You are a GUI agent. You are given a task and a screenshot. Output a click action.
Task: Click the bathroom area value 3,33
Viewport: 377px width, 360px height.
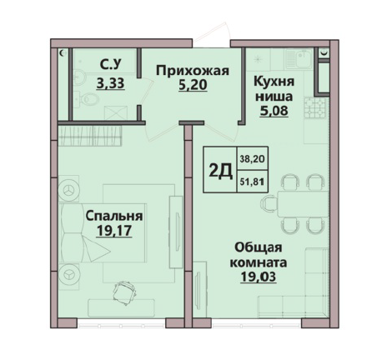tap(110, 82)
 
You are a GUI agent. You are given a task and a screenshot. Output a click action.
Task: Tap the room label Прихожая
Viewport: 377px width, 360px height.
tap(193, 71)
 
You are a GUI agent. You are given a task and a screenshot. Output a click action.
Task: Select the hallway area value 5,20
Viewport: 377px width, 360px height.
tap(193, 84)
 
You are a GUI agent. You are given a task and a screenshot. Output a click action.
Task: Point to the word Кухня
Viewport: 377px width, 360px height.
tap(274, 82)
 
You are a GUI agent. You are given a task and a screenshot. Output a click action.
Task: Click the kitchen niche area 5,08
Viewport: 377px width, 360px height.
tap(274, 111)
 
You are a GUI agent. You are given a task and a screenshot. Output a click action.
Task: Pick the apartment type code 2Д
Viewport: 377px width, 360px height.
tap(220, 170)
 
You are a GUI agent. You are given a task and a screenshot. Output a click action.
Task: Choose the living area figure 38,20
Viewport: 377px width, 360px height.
tap(253, 159)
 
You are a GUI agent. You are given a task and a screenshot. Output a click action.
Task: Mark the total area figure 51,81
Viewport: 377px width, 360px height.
tap(253, 182)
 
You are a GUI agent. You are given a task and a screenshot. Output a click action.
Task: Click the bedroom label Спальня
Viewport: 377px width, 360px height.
tap(114, 216)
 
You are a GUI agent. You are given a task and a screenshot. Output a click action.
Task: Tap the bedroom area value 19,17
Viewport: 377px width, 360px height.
tap(114, 230)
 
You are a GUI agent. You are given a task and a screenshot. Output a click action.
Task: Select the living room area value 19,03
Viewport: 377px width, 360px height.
tap(259, 277)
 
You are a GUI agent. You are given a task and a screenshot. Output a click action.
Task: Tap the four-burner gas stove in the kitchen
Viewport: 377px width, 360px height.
tap(315, 107)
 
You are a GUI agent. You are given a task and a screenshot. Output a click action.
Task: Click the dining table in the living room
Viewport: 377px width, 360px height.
tap(303, 204)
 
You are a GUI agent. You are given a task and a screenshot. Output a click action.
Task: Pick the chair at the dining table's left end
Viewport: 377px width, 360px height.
tap(269, 204)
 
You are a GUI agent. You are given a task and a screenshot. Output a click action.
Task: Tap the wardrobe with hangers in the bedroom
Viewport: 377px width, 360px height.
tap(90, 136)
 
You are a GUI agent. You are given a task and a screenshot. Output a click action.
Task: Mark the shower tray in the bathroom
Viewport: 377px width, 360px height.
tap(116, 112)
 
